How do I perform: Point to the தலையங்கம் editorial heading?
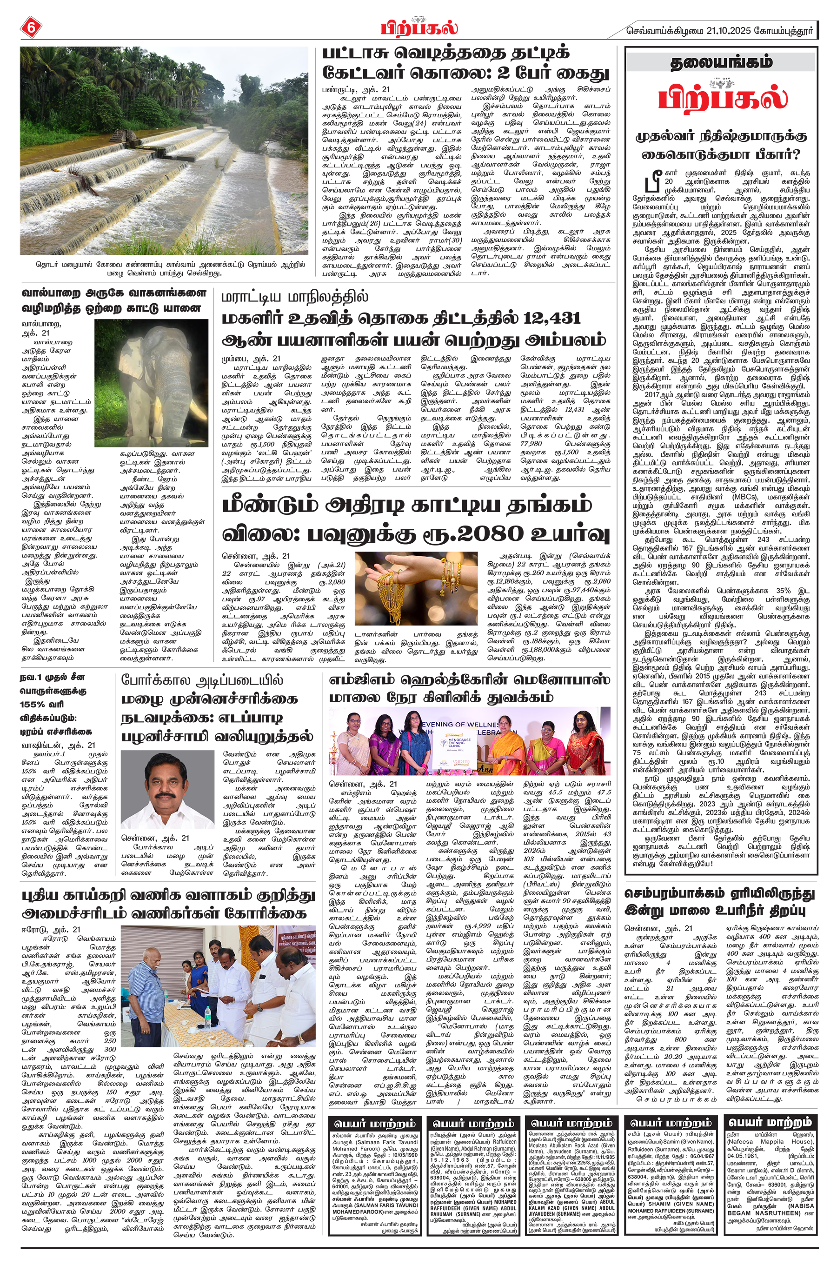(x=721, y=63)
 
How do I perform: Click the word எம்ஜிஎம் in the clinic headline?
(x=365, y=681)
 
